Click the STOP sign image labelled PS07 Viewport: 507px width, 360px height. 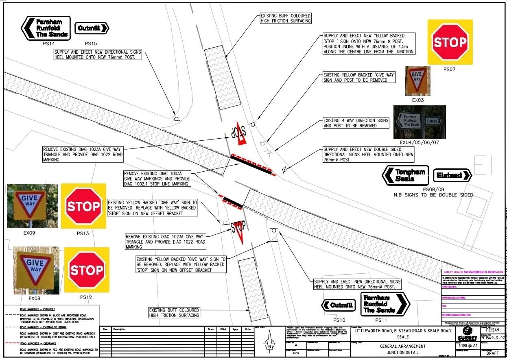point(450,42)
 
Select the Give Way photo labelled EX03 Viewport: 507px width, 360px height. point(418,81)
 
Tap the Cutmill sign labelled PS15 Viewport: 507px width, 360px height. point(92,28)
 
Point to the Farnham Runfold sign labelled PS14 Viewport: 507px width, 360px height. point(46,28)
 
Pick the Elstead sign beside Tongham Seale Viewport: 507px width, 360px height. point(452,175)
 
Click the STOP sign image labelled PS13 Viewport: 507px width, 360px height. point(83,206)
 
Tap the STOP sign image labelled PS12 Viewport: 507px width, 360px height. point(87,270)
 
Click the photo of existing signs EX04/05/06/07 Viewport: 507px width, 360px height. point(419,122)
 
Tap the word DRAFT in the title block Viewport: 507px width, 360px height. point(492,353)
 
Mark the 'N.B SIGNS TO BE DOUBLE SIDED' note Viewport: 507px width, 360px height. point(433,195)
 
